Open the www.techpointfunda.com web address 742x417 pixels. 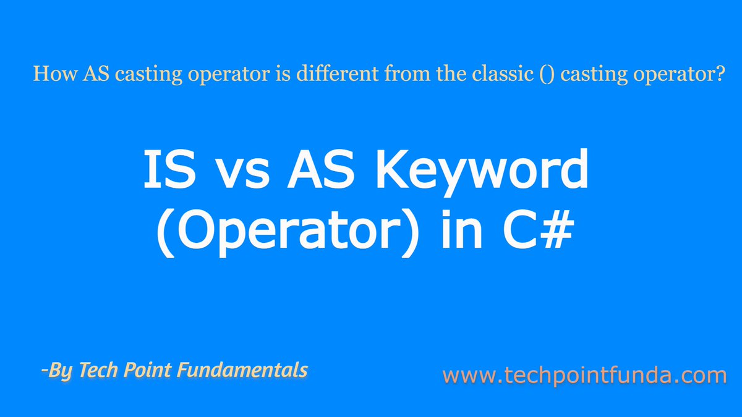pos(584,375)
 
